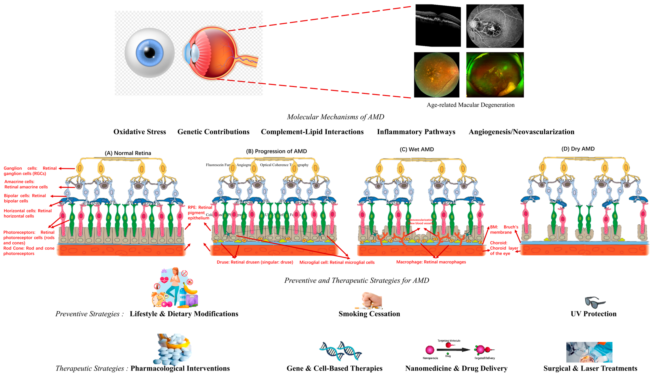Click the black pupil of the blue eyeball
(x=150, y=53)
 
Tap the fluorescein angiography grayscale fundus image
(x=495, y=26)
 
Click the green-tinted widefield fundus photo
(x=495, y=75)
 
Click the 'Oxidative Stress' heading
(x=140, y=132)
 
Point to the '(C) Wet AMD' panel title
(x=417, y=149)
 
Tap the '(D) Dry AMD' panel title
(x=578, y=149)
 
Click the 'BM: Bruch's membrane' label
(x=504, y=229)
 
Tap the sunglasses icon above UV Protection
(x=595, y=302)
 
